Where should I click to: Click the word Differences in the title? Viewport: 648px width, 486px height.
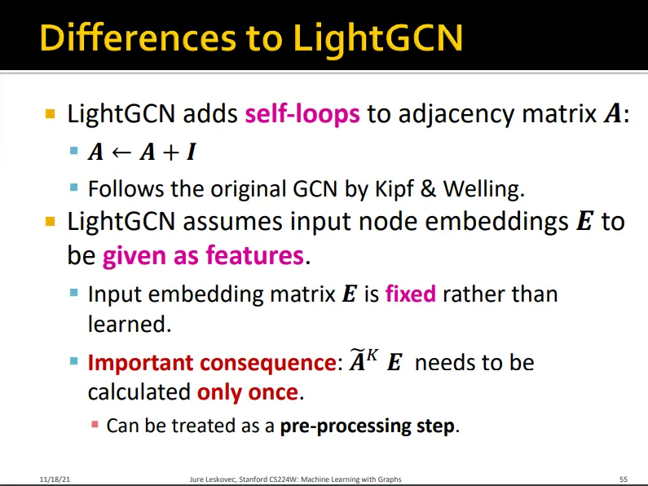pos(138,38)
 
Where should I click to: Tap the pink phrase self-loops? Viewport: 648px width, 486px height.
pos(302,113)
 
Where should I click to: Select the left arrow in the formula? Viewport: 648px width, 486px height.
pos(122,152)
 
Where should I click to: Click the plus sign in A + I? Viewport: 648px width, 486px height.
pos(171,152)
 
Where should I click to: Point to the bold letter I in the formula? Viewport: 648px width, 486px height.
pos(192,152)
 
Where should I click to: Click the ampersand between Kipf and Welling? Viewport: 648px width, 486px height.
pos(428,189)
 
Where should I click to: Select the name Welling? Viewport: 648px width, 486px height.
pos(484,189)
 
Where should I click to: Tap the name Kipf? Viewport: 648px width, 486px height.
pos(394,190)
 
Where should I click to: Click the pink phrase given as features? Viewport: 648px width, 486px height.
pos(203,255)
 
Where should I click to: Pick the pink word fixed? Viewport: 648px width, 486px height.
pos(410,294)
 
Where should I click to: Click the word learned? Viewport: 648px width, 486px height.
pos(130,324)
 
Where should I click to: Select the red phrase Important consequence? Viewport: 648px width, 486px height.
pos(212,363)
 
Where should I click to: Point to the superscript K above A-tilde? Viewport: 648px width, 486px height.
pos(372,355)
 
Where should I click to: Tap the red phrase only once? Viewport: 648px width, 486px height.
pos(248,391)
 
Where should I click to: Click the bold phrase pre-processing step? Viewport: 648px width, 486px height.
pos(368,426)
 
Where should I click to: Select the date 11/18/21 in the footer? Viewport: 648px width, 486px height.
pos(55,479)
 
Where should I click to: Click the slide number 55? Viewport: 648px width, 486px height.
pos(624,479)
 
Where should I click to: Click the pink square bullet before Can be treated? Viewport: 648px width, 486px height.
pos(95,424)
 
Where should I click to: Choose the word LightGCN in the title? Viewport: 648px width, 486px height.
pos(377,38)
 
